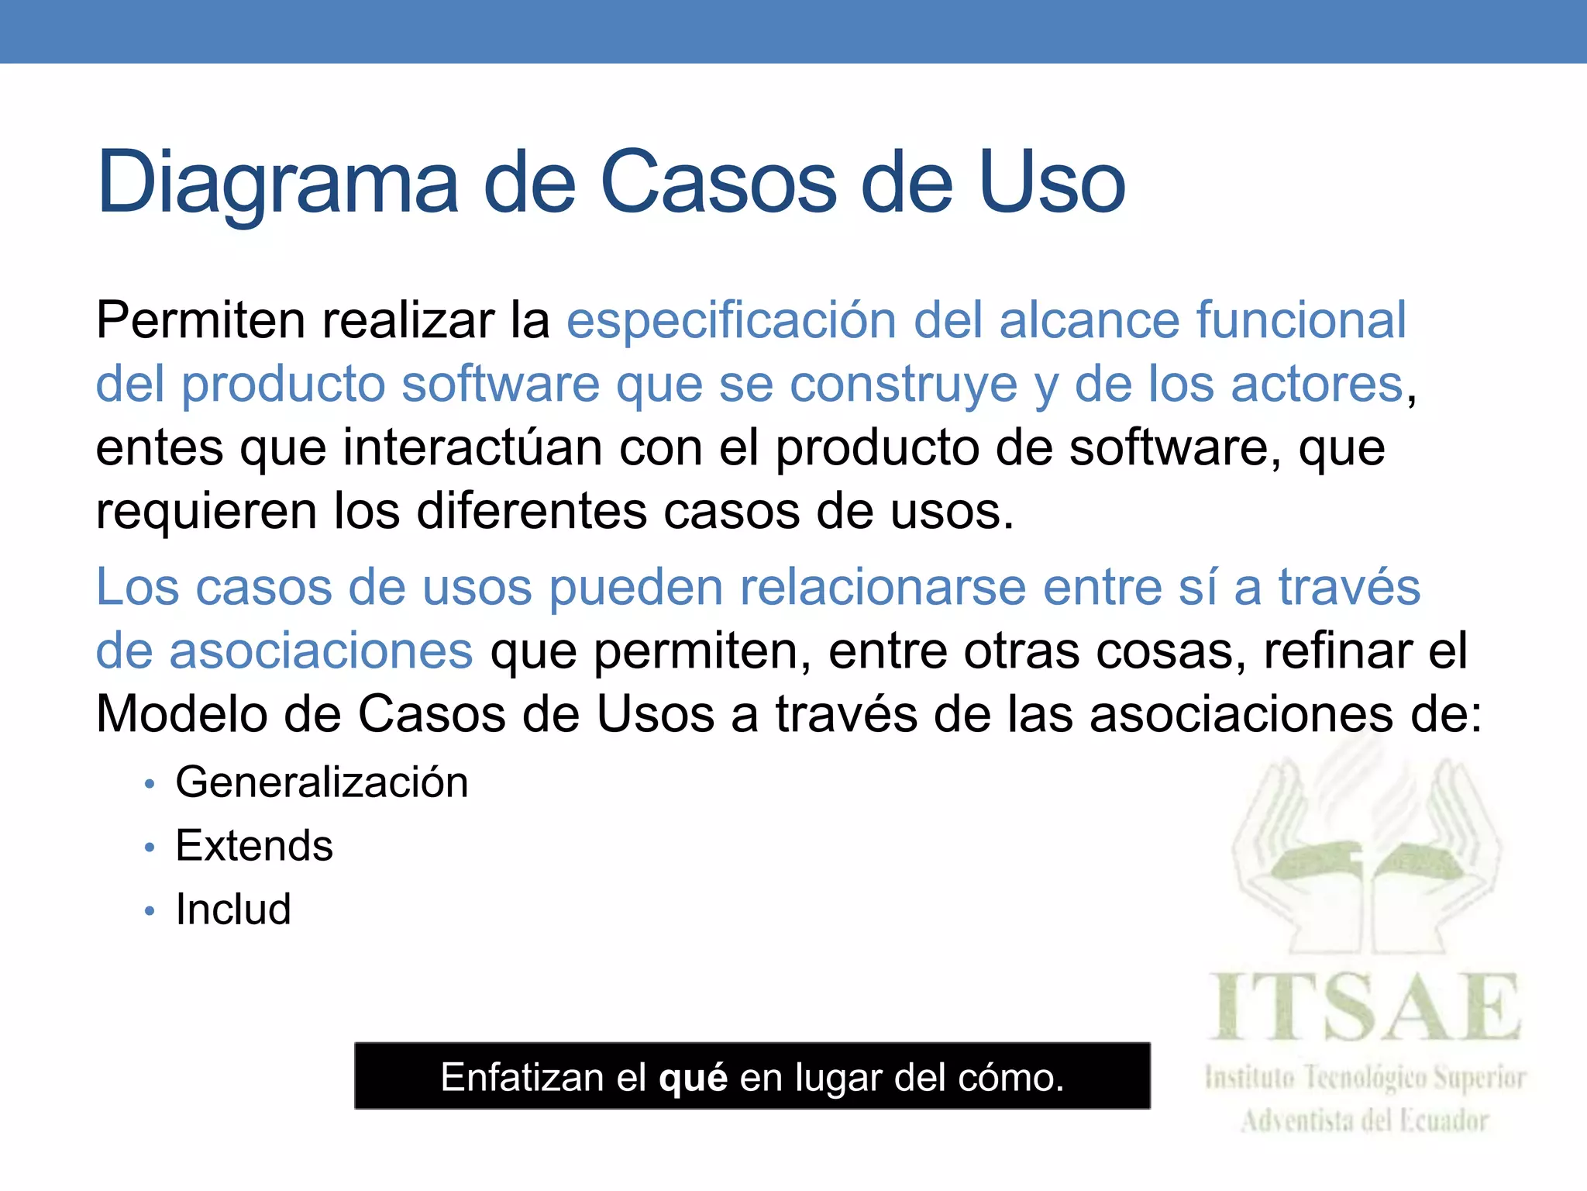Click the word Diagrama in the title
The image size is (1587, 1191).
click(x=277, y=185)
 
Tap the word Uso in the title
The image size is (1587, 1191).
click(x=1052, y=183)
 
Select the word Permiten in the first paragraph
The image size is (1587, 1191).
click(x=201, y=319)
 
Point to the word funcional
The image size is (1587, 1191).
click(x=1301, y=319)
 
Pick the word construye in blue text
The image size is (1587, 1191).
click(x=903, y=385)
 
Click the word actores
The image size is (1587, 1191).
click(x=1317, y=384)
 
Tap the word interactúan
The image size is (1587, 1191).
click(x=473, y=448)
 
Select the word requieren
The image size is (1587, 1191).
click(x=205, y=513)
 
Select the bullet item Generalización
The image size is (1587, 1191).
click(x=322, y=782)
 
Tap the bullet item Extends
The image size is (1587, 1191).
click(x=254, y=845)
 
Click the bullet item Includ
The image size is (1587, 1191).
click(x=233, y=909)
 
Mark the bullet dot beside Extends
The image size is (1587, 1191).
click(x=150, y=848)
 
